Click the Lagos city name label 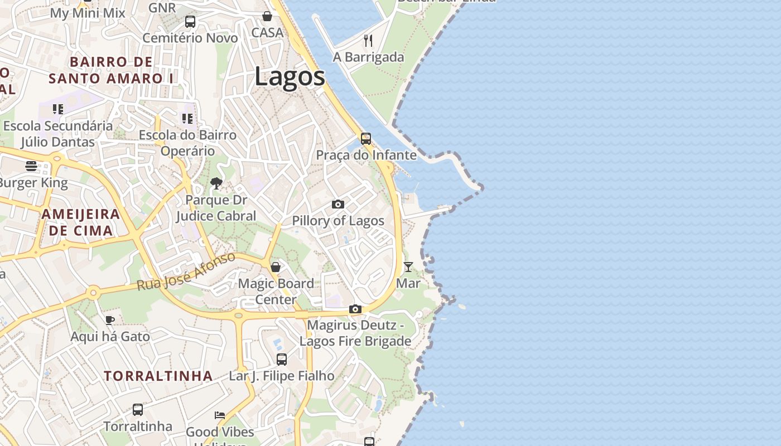(290, 76)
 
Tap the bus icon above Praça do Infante (366, 139)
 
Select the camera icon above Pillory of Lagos (338, 205)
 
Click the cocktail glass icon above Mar (408, 267)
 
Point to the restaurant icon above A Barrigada (368, 40)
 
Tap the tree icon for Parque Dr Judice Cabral (216, 183)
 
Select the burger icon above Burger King (31, 166)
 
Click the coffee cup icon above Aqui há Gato (110, 320)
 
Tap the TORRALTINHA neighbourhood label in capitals (158, 376)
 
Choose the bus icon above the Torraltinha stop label (138, 410)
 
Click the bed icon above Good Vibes (220, 415)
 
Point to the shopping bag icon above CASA (267, 16)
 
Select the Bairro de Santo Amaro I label (111, 70)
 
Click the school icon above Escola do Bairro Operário (187, 119)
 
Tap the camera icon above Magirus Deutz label (355, 309)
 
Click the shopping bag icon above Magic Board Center (276, 267)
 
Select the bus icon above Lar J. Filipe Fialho (282, 360)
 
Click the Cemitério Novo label (190, 38)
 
